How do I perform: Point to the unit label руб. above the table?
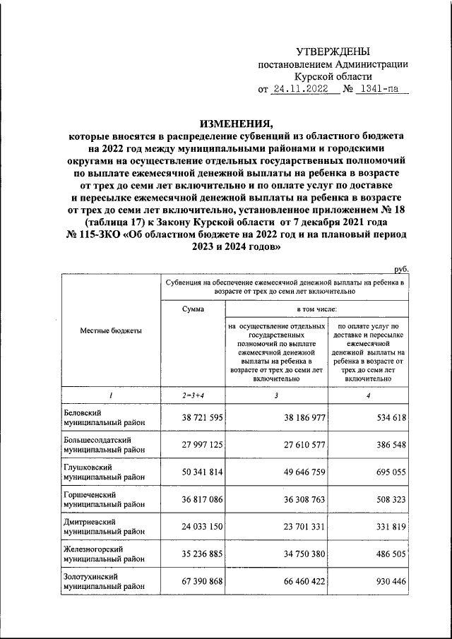click(400, 269)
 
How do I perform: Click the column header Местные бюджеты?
click(111, 330)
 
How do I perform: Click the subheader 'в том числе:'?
click(316, 309)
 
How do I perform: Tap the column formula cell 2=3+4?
click(194, 395)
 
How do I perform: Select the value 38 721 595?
click(193, 418)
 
